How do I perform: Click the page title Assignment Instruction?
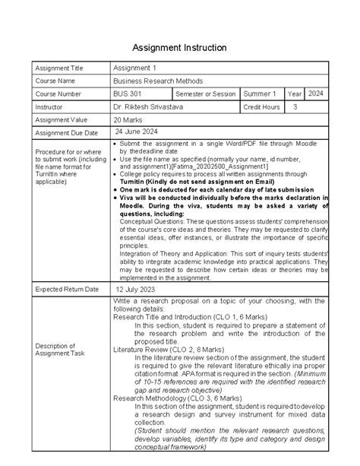click(180, 48)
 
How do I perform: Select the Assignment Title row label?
click(58, 68)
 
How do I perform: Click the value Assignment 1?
click(134, 68)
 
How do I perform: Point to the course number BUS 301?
click(127, 94)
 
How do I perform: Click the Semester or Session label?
click(205, 94)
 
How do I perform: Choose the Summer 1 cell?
click(260, 94)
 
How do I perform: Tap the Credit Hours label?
click(261, 107)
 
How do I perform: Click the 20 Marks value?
click(131, 120)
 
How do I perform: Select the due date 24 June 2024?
click(137, 132)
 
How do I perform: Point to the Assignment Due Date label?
click(65, 133)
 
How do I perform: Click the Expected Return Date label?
click(65, 290)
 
